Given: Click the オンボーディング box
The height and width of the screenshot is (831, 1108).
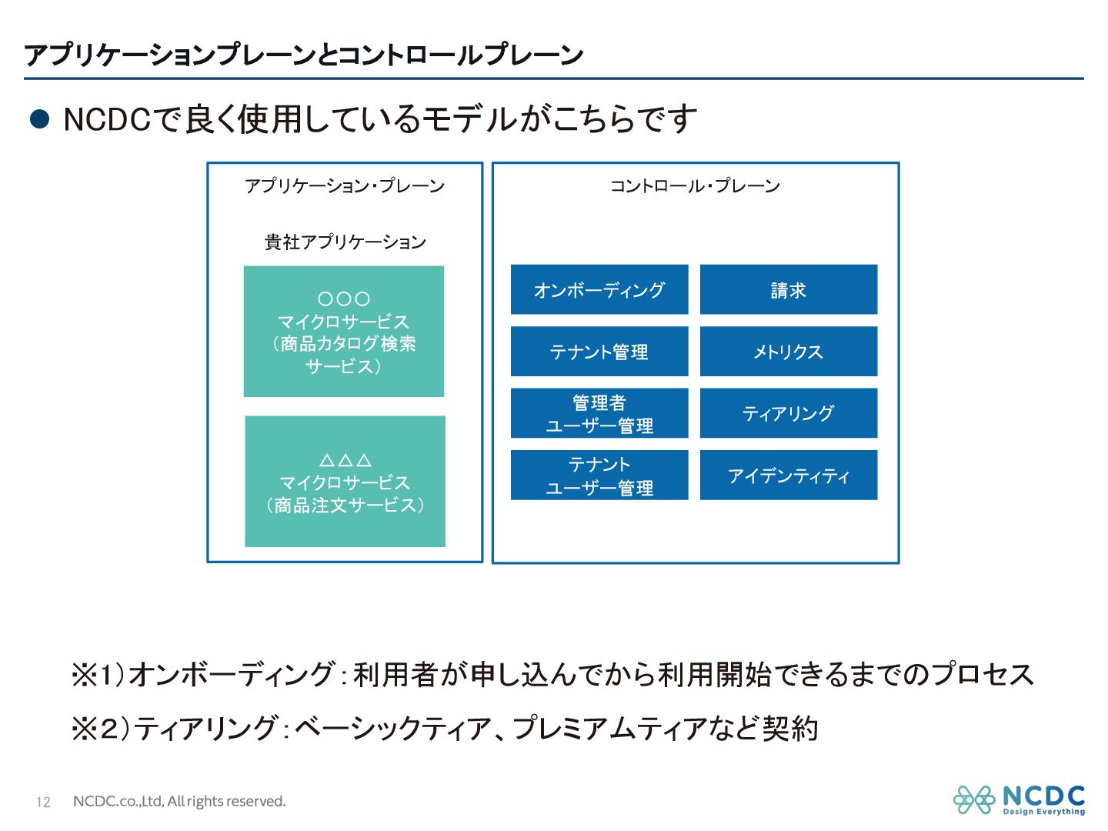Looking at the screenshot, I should (599, 290).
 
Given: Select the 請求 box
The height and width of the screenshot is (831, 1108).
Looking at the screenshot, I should (788, 290).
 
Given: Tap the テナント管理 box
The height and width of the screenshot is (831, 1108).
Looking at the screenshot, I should (599, 352).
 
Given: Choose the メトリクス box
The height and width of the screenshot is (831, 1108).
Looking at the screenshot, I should (788, 352).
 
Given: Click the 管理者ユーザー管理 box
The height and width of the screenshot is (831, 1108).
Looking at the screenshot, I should (599, 413).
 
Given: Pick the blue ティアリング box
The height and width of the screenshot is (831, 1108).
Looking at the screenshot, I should (788, 413).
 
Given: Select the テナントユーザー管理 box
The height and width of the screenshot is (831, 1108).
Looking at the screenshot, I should (599, 476).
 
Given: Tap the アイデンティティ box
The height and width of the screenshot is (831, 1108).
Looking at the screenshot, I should (788, 476).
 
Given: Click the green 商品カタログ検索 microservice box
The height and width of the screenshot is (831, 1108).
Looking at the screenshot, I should (343, 332).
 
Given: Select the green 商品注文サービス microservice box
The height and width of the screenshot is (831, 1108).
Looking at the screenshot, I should (345, 482).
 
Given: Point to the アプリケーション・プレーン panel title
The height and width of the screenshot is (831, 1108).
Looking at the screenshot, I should (344, 185).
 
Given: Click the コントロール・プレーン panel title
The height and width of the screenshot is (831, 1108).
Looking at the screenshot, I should (695, 185).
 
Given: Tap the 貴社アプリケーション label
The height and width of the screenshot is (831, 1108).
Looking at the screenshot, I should (345, 242).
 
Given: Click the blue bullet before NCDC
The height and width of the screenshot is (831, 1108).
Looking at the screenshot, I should (39, 119).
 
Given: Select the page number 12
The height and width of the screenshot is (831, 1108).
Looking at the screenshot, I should (43, 802).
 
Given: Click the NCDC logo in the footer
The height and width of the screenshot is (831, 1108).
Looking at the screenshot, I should (1019, 800).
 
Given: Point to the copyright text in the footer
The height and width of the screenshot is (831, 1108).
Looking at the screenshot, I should (179, 801).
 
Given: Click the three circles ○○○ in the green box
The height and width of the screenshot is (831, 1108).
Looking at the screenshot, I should (343, 299).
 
